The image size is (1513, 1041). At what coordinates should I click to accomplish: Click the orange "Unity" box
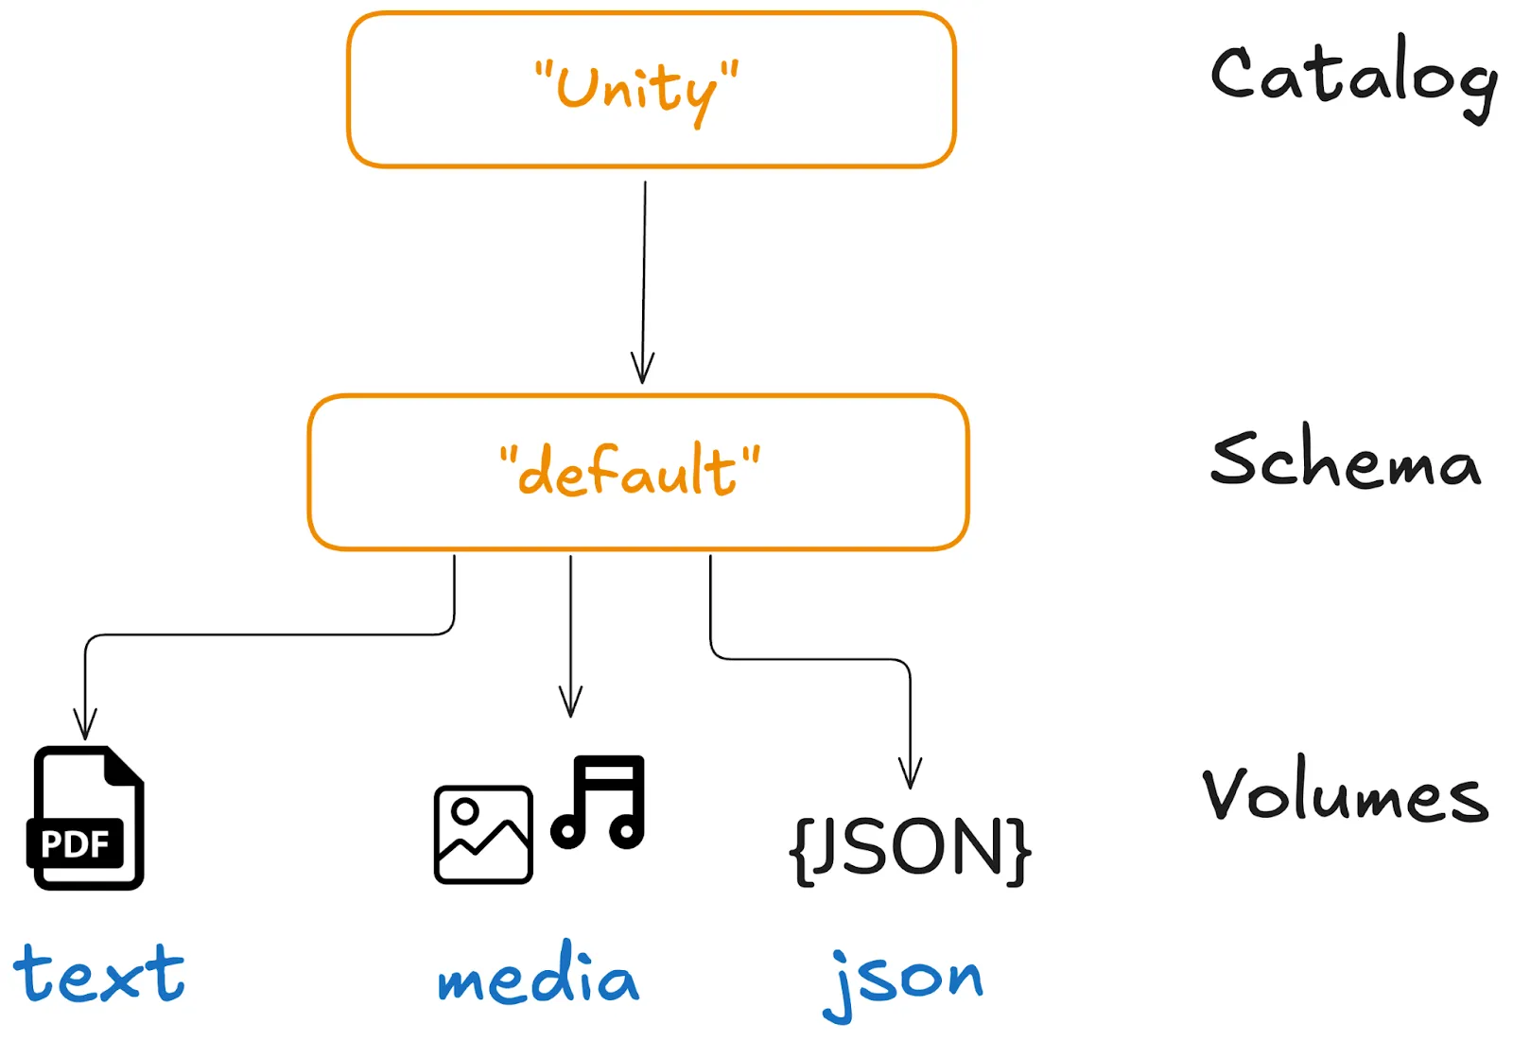[651, 90]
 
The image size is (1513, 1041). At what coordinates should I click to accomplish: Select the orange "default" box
[638, 472]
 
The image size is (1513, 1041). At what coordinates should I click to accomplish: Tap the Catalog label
[1353, 77]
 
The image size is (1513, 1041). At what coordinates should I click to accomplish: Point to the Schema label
[1345, 460]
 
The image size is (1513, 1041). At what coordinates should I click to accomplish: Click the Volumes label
[1345, 792]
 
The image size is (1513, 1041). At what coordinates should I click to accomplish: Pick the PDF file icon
[86, 818]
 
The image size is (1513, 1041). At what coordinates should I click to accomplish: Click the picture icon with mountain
[482, 834]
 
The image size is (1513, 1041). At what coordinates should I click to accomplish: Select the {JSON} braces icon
[910, 848]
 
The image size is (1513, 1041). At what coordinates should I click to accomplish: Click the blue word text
[99, 974]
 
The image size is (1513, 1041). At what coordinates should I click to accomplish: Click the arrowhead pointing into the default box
[643, 369]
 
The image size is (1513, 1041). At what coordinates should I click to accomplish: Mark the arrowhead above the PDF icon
[85, 726]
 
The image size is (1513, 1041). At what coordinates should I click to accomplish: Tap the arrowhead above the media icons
[570, 703]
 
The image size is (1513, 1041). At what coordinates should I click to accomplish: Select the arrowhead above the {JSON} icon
[910, 774]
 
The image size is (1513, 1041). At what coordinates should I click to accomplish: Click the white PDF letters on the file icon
[75, 843]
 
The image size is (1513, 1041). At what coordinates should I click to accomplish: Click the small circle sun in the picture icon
[464, 810]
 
